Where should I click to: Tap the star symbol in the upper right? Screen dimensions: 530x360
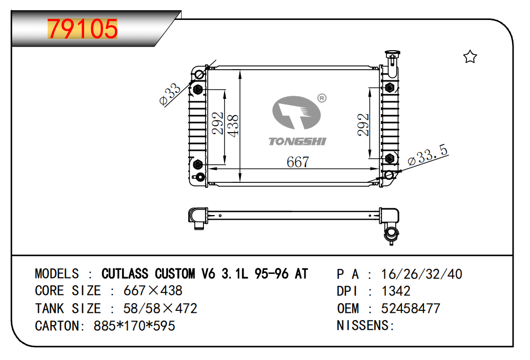click(x=470, y=57)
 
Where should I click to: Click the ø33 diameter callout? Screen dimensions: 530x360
click(x=170, y=94)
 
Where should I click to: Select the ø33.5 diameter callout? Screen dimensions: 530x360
click(x=427, y=155)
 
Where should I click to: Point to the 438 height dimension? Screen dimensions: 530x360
click(x=233, y=125)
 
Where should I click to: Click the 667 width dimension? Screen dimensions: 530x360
click(x=298, y=162)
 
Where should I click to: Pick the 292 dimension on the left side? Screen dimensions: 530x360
click(x=218, y=123)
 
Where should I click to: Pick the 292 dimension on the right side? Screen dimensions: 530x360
click(x=363, y=124)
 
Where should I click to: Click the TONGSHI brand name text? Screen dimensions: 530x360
click(x=297, y=141)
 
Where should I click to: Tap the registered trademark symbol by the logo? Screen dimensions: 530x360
click(x=322, y=98)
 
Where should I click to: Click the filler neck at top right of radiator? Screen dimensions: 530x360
click(x=392, y=63)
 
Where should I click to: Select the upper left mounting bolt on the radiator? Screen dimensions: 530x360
click(x=198, y=90)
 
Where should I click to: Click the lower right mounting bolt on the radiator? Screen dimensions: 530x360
click(x=390, y=158)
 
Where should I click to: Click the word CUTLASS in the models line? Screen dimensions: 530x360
click(x=125, y=273)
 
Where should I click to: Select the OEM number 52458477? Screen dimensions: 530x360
click(x=411, y=308)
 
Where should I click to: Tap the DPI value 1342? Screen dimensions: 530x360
click(x=396, y=291)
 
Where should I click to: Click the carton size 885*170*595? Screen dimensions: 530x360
click(x=134, y=326)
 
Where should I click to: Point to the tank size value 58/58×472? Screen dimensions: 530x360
click(x=160, y=308)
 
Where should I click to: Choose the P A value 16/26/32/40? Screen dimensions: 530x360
click(x=421, y=274)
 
